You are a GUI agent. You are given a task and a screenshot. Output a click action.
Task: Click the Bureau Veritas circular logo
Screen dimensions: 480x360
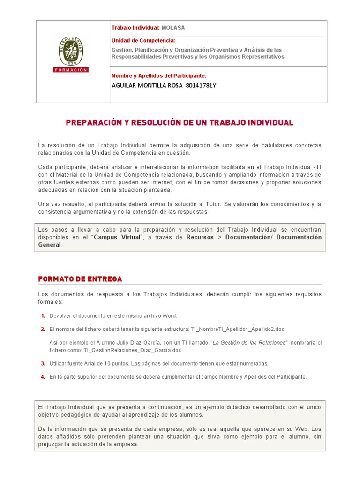[x=71, y=51]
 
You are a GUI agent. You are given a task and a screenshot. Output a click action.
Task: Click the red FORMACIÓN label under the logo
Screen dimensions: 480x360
[x=71, y=70]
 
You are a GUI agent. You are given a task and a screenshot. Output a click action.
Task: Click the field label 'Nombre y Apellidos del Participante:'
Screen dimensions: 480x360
[x=159, y=76]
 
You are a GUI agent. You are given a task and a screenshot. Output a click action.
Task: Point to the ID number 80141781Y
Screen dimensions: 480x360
[x=201, y=85]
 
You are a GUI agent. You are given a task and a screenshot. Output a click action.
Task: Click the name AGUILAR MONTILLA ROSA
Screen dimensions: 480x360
[x=147, y=85]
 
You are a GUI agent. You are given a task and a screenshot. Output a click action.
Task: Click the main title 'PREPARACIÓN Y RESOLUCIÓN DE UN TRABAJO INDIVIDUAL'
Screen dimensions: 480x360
[x=180, y=123]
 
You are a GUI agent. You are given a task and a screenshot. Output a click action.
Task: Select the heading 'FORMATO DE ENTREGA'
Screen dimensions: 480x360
[x=80, y=279]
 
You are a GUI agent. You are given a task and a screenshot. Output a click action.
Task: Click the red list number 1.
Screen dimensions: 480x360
[x=43, y=316]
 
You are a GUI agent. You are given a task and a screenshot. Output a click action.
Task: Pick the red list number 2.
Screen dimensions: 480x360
[x=43, y=329]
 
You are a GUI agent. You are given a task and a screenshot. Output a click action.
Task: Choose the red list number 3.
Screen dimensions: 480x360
[x=43, y=364]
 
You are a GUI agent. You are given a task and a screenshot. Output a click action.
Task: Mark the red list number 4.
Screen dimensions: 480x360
[x=43, y=377]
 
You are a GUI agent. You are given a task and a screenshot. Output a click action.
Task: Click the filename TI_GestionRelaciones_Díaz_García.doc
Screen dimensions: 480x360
[x=132, y=350]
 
